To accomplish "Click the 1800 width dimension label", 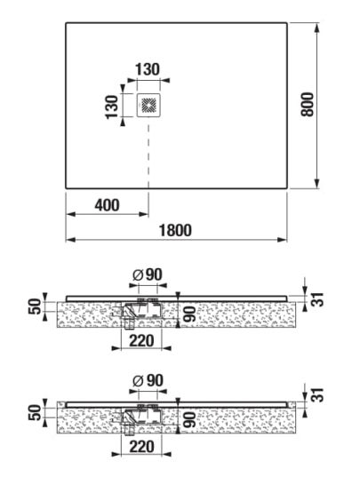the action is pos(175,230).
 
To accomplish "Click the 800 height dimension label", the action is pos(308,104).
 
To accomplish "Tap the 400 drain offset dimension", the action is pos(107,205).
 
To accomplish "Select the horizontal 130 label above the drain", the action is pos(148,69).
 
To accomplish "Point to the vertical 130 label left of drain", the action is pos(112,107).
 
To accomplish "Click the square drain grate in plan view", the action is pos(149,105).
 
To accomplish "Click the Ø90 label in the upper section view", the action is pos(148,274).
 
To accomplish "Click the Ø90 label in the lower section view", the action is pos(148,380).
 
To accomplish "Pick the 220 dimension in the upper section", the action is pos(141,341).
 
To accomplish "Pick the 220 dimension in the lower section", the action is pos(141,447).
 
